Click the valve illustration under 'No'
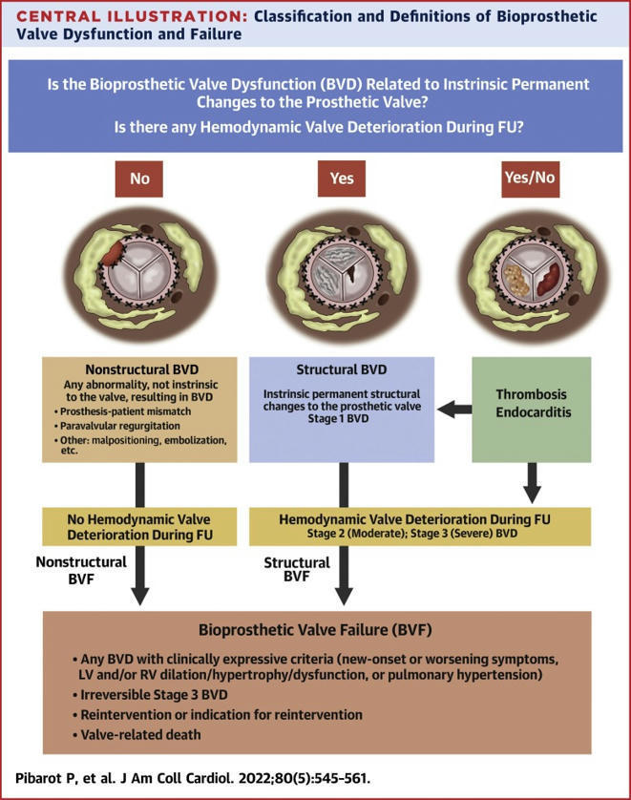click(x=139, y=278)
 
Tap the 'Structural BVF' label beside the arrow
click(x=296, y=570)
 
